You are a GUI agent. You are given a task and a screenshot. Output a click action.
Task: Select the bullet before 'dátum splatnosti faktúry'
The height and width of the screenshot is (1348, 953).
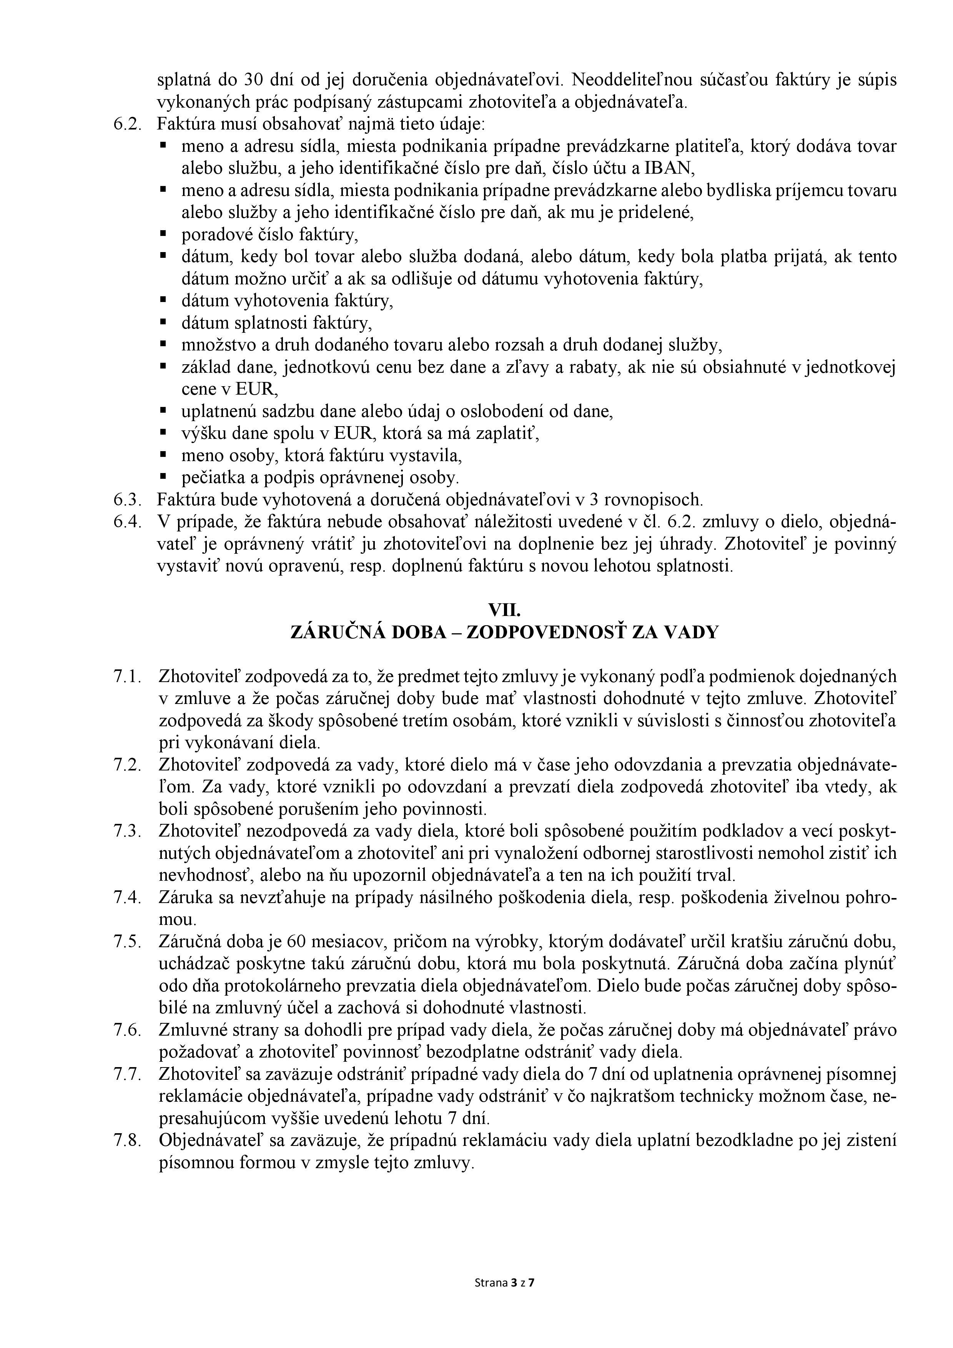163,322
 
